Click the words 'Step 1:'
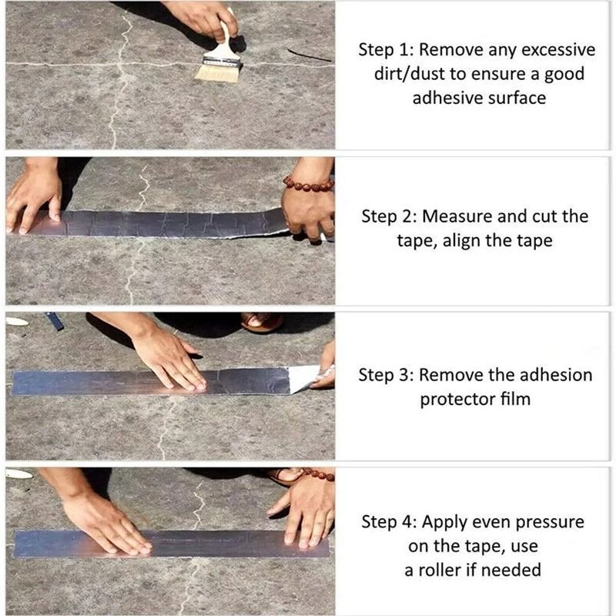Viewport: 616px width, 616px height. pyautogui.click(x=385, y=50)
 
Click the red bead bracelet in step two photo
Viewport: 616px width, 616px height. pyautogui.click(x=308, y=185)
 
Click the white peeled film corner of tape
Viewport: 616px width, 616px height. pyautogui.click(x=304, y=377)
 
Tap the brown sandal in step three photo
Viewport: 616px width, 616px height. pyautogui.click(x=263, y=322)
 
